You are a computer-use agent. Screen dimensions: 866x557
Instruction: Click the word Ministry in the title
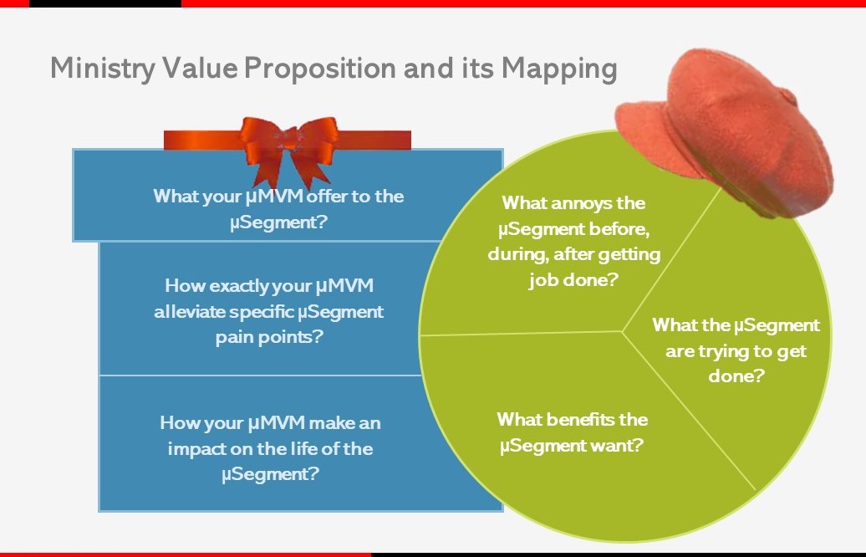(103, 69)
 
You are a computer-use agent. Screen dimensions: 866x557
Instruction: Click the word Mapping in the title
(559, 69)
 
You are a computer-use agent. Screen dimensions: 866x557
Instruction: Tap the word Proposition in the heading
(320, 69)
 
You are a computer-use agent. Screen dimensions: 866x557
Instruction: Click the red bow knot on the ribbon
(288, 138)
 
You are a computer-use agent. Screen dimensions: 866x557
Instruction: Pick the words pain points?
(269, 337)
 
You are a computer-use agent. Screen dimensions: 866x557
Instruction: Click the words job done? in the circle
(573, 280)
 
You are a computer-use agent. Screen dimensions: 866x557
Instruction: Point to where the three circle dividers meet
(623, 331)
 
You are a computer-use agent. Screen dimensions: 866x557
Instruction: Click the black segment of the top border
(105, 3)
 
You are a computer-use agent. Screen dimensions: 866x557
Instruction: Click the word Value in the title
(200, 69)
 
